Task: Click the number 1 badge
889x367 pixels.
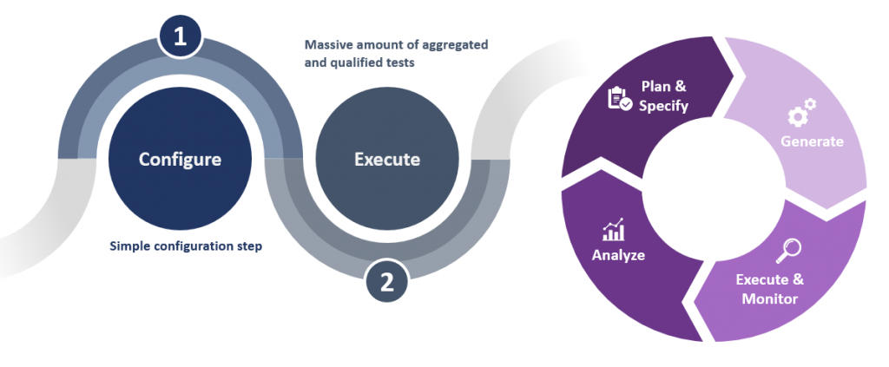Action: [181, 36]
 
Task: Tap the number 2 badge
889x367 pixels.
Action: [387, 280]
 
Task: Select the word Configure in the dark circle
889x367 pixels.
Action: [181, 160]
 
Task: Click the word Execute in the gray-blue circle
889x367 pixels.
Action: [387, 160]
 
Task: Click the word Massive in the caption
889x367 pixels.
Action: [326, 43]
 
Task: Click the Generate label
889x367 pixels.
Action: [812, 141]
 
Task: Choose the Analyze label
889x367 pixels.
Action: [618, 255]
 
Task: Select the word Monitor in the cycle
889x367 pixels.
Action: [769, 298]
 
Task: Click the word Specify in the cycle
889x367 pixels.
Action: [663, 106]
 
